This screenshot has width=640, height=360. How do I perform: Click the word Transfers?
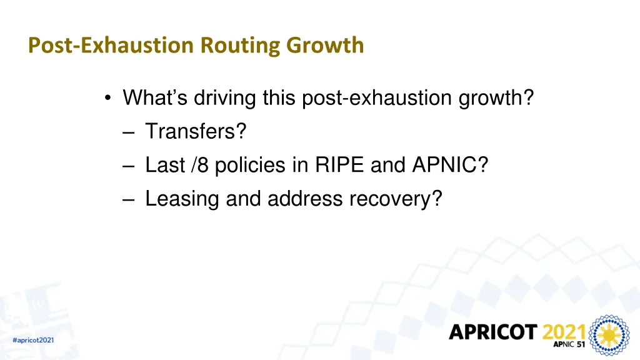coord(196,131)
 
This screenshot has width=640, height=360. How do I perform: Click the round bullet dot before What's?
coord(109,98)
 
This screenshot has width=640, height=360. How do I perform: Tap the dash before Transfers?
coord(129,132)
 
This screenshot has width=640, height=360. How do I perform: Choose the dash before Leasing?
coord(129,199)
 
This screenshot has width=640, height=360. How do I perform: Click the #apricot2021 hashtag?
coord(33,340)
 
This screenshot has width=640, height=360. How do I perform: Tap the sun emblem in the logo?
coord(610,336)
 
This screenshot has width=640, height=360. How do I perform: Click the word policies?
coord(262,165)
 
